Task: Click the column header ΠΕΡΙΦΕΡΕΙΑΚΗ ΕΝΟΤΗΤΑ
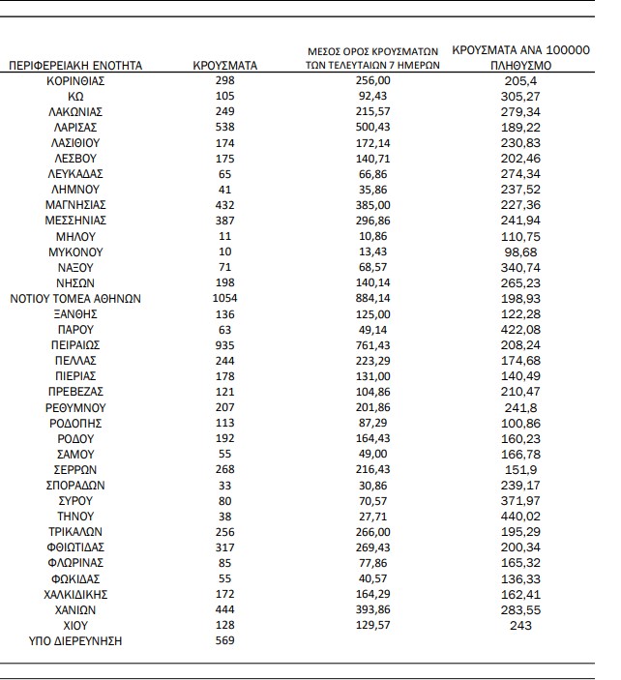pos(75,66)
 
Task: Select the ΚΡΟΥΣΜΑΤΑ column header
pos(225,66)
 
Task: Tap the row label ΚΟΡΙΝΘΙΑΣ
pos(75,80)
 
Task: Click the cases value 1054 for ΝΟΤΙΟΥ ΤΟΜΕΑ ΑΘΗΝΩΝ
pos(225,299)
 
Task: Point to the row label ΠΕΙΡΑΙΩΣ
pos(75,344)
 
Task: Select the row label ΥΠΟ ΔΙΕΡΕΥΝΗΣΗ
pos(75,640)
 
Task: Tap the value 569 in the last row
pos(225,640)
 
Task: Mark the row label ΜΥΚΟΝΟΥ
pos(75,251)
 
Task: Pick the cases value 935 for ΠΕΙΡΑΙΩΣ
pos(225,344)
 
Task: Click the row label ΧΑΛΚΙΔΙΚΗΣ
pos(75,594)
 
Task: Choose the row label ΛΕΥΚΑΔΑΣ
pos(75,173)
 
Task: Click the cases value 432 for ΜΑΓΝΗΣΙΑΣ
pos(225,205)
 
